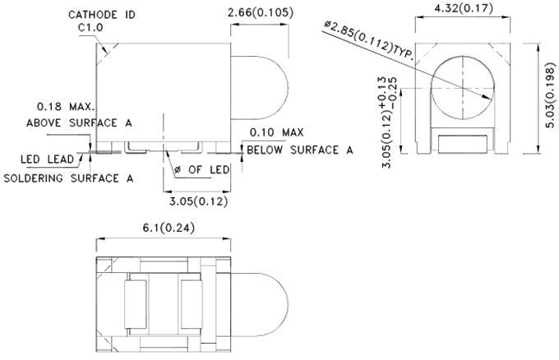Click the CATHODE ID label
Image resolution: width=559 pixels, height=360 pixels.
coord(102,14)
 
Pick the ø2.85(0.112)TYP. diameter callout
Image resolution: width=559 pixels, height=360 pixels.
coord(370,37)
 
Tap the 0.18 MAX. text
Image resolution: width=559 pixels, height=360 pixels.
coord(67,107)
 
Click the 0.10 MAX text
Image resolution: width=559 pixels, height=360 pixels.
coord(275,132)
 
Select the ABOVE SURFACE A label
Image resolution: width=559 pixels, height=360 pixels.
coord(80,122)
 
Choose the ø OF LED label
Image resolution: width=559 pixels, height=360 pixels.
coord(202,169)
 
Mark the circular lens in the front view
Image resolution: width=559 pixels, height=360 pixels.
coord(464,88)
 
